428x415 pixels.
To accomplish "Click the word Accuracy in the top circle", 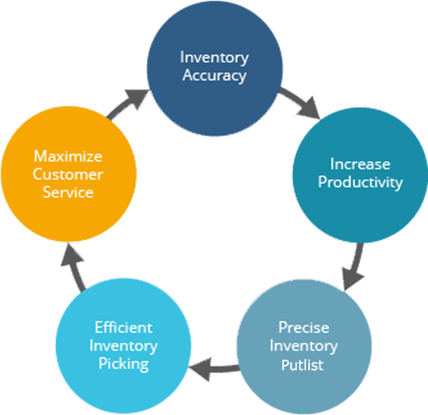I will tap(214, 76).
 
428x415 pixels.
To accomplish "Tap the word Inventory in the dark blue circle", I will tap(214, 58).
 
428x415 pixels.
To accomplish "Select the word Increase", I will tap(360, 164).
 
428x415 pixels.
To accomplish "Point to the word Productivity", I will tap(360, 182).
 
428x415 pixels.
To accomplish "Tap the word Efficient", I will tap(123, 328).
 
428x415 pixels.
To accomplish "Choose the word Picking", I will tap(123, 364).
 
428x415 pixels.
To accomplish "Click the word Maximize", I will tap(67, 156).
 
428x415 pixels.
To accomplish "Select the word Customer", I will tap(67, 174).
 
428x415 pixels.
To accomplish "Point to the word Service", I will tap(67, 192).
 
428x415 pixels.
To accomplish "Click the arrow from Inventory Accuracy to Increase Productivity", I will tap(301, 104).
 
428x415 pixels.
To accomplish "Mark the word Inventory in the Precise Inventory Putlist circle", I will tap(303, 346).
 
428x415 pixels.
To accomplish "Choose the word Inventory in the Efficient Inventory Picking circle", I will tap(123, 346).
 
